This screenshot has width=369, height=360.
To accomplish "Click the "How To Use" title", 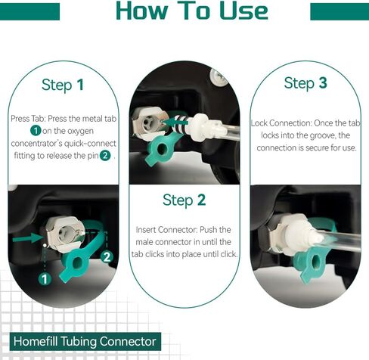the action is click(x=192, y=11).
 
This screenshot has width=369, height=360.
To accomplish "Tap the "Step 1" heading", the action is click(x=63, y=85).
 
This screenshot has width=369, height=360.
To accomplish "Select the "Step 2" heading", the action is click(x=184, y=200).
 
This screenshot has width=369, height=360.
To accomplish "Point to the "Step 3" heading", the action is click(x=305, y=83).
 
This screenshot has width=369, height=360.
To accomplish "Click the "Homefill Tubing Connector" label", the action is click(x=85, y=341).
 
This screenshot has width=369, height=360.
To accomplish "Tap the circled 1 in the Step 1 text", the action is click(x=36, y=131).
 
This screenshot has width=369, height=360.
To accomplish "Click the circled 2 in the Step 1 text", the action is click(x=105, y=155).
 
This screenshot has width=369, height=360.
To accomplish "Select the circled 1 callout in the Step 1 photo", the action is click(x=45, y=279).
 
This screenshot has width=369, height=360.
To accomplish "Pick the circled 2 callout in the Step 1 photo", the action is click(x=107, y=257).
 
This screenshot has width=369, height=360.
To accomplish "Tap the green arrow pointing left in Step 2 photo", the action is click(x=175, y=123).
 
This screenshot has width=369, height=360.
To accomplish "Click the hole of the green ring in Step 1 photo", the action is click(x=77, y=263).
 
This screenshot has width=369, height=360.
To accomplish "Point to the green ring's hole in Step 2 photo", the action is click(x=161, y=149).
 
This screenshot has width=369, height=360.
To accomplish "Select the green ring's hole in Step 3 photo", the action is click(x=315, y=262).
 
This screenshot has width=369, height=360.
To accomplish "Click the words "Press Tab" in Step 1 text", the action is click(x=28, y=119).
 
